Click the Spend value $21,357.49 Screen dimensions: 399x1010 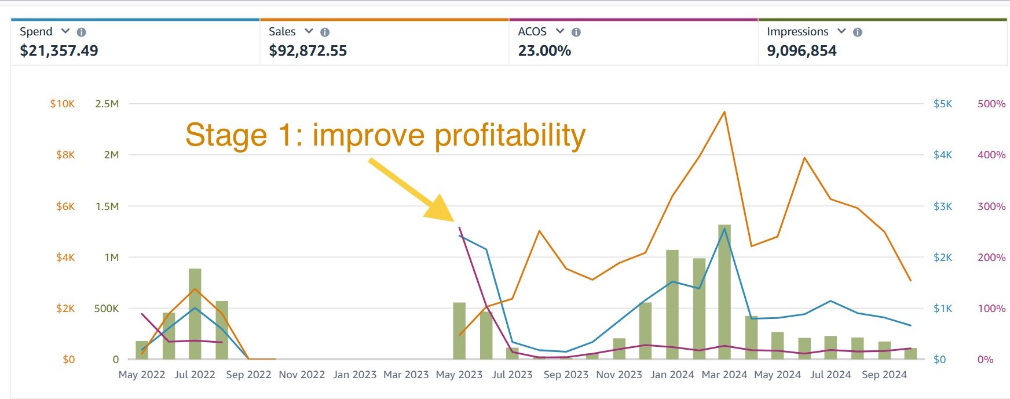click(x=59, y=51)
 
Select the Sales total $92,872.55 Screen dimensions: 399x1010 click(x=308, y=51)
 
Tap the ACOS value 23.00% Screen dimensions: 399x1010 click(x=544, y=51)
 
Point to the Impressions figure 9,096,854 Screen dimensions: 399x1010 click(x=802, y=51)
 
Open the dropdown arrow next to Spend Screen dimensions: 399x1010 click(x=65, y=31)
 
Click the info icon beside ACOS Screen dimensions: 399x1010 click(x=576, y=32)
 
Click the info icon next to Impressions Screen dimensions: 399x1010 click(x=858, y=32)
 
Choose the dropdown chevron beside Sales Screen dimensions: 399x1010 click(x=309, y=31)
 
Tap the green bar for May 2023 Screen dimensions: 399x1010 click(x=459, y=331)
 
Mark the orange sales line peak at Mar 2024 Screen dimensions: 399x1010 click(x=724, y=112)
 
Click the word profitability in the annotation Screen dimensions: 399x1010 click(x=510, y=136)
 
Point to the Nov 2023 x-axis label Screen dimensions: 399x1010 click(x=619, y=375)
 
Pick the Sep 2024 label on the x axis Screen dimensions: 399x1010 click(x=884, y=375)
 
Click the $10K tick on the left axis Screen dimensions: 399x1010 click(x=63, y=104)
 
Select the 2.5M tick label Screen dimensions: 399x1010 click(x=107, y=104)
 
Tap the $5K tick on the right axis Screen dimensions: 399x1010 click(x=942, y=104)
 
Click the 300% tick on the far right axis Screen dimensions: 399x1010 click(x=991, y=206)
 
